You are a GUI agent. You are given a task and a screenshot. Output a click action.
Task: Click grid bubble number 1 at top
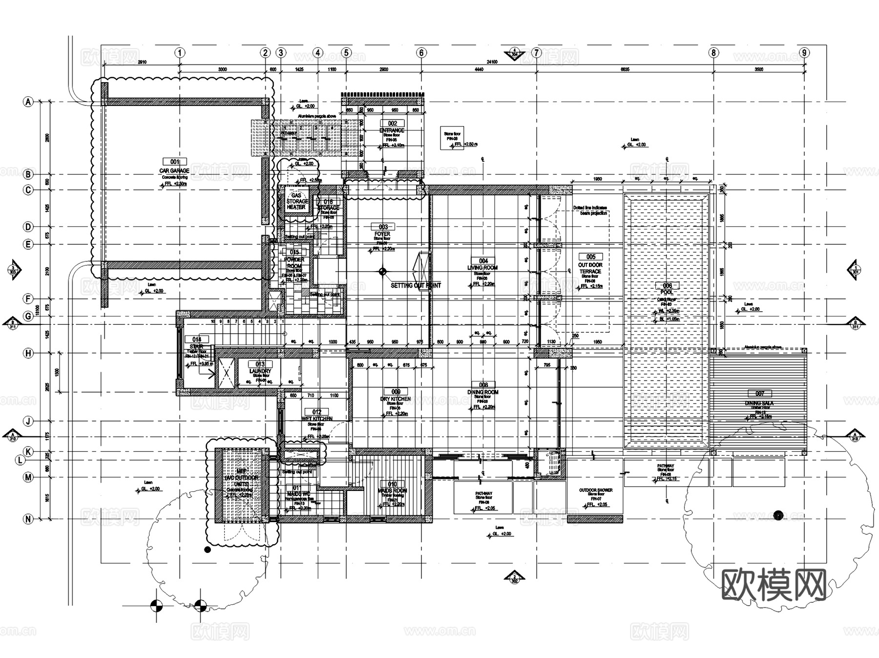(x=180, y=53)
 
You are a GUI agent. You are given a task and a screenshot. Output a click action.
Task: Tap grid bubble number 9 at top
(x=804, y=53)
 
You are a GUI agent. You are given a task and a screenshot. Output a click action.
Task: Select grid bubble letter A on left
(x=28, y=102)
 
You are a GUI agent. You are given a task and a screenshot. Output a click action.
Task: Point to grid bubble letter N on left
(x=28, y=519)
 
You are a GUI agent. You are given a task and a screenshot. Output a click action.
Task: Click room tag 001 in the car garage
(x=175, y=162)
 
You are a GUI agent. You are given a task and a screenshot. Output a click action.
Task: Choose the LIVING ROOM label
(x=482, y=268)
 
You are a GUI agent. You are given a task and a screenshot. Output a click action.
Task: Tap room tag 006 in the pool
(x=667, y=286)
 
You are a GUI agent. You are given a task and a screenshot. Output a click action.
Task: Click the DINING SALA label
(x=759, y=403)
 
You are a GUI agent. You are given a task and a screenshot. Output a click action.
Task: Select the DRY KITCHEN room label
(x=396, y=399)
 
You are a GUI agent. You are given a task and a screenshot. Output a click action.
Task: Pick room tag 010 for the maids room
(x=392, y=484)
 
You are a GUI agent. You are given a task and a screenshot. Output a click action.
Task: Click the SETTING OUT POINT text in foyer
(x=416, y=285)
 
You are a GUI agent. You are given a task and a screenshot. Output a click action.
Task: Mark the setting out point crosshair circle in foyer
(x=382, y=272)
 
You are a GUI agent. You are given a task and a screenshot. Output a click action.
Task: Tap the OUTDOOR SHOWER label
(x=595, y=490)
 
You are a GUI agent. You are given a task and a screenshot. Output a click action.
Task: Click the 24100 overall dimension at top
(x=492, y=62)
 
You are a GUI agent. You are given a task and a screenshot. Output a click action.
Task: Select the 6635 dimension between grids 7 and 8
(x=625, y=69)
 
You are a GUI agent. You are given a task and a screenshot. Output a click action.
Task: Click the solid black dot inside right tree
(x=778, y=514)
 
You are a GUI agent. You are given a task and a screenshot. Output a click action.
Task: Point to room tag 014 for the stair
(x=197, y=340)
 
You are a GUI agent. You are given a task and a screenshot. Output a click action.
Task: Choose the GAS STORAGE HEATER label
(x=296, y=201)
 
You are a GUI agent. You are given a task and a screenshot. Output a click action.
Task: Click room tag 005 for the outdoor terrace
(x=590, y=257)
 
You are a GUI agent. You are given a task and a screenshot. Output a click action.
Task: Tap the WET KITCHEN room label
(x=317, y=419)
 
